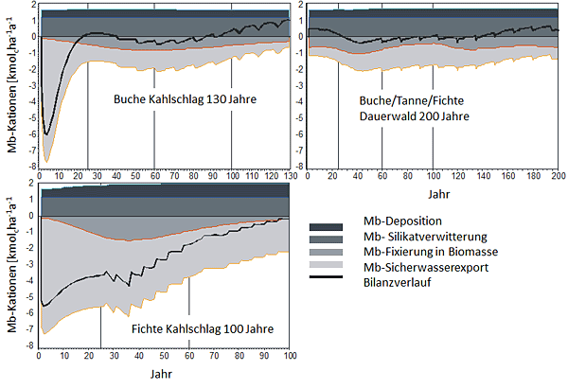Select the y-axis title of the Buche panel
pyautogui.click(x=9, y=86)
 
